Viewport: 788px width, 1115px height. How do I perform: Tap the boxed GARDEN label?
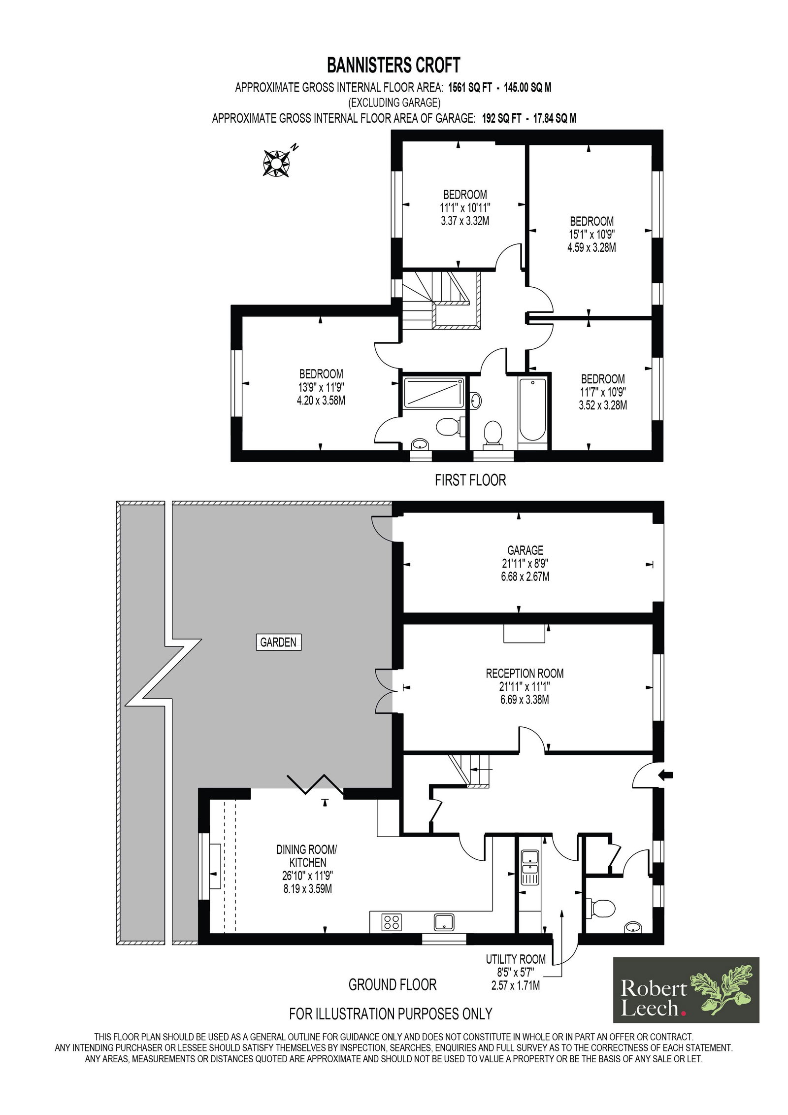pyautogui.click(x=278, y=642)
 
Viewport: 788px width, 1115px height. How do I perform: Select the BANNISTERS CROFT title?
pyautogui.click(x=394, y=65)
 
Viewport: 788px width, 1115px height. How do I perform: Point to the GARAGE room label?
pyautogui.click(x=525, y=550)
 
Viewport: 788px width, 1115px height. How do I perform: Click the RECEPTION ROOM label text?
pyautogui.click(x=525, y=673)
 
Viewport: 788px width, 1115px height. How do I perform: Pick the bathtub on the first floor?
pyautogui.click(x=532, y=409)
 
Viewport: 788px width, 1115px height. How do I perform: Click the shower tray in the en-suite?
pyautogui.click(x=433, y=393)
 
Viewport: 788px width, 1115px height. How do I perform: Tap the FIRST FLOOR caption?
pyautogui.click(x=470, y=480)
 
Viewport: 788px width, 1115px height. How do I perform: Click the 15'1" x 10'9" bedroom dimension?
pyautogui.click(x=591, y=234)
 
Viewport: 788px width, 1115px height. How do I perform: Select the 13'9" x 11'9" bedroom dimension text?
pyautogui.click(x=321, y=387)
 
